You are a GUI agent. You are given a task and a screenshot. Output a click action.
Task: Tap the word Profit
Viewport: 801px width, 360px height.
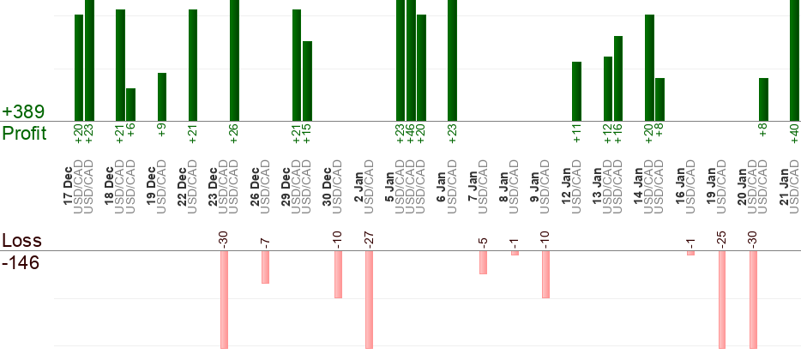[26, 134]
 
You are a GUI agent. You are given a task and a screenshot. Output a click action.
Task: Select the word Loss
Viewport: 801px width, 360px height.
[21, 241]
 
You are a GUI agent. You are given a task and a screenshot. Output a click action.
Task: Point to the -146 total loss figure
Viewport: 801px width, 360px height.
[21, 262]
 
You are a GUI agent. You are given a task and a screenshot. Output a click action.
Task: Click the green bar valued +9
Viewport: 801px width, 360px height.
[162, 97]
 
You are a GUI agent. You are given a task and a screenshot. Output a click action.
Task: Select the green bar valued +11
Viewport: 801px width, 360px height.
[576, 91]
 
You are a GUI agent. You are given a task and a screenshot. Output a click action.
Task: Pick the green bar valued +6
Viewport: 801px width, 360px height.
[130, 105]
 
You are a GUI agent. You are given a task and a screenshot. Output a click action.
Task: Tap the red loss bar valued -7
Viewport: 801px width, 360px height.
[265, 267]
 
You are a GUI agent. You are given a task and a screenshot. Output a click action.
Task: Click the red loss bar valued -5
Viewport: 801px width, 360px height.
[483, 262]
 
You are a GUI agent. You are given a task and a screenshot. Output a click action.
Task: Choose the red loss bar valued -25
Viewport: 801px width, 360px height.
[722, 299]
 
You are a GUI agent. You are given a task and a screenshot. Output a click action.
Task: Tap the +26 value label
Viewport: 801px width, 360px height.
[234, 135]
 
